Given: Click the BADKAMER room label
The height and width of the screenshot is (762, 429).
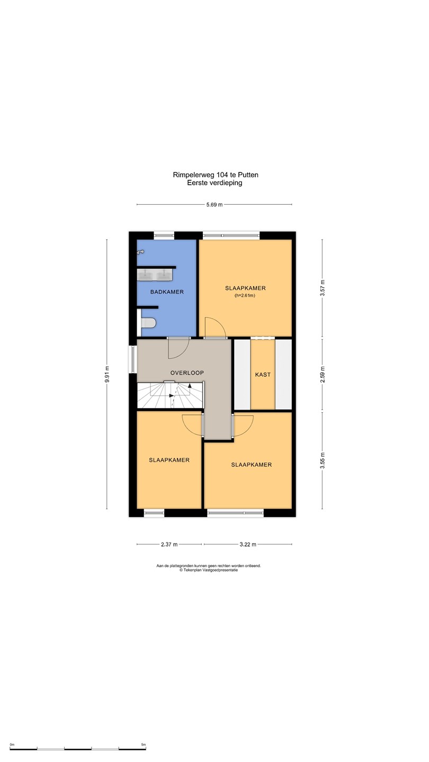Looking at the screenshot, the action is click(167, 292).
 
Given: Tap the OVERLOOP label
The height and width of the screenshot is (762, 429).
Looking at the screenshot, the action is click(187, 373).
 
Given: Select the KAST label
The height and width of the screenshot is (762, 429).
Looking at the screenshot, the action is click(263, 375).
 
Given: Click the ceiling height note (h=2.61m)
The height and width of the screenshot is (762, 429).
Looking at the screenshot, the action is click(245, 296).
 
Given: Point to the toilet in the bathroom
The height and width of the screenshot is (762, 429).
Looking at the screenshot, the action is click(148, 322).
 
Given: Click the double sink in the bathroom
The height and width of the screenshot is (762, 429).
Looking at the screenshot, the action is click(155, 275).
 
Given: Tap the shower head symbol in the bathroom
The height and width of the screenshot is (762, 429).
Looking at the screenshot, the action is click(140, 252).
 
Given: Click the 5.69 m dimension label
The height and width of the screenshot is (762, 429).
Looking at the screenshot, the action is click(215, 205).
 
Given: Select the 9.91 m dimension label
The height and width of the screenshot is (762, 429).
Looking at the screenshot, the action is click(107, 374).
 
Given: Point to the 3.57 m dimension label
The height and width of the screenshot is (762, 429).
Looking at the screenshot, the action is click(323, 288).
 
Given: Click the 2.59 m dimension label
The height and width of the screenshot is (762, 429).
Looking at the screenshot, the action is click(323, 375).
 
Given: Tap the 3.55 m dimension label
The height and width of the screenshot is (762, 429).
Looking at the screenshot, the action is click(323, 460).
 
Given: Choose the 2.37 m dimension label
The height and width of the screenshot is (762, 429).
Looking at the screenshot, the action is click(169, 545).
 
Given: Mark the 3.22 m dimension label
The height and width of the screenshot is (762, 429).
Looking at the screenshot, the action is click(248, 545).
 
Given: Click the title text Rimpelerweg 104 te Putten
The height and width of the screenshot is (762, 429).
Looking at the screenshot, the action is click(216, 175).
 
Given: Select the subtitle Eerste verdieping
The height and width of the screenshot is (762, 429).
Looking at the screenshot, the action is click(215, 183).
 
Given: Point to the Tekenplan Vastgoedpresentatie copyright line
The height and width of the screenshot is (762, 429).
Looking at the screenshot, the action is click(209, 570).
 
